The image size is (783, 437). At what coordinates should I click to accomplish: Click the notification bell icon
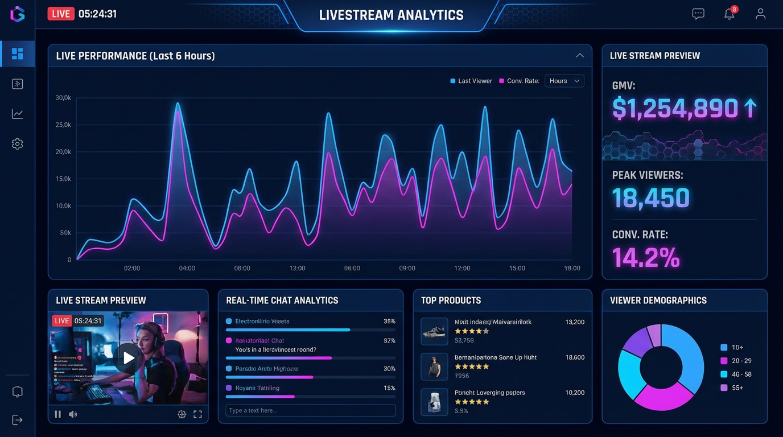730,14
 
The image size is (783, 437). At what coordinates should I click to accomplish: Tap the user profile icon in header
760,14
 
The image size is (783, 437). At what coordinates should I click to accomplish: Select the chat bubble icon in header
698,14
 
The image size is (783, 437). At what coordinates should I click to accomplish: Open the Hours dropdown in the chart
564,81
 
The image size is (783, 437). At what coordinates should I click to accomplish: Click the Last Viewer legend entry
471,81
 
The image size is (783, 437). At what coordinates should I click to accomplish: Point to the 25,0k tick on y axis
63,125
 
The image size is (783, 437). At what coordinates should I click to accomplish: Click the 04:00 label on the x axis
187,268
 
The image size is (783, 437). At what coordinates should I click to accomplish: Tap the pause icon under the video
57,414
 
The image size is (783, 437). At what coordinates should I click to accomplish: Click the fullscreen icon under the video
197,414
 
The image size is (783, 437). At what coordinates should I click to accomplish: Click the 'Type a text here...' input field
310,410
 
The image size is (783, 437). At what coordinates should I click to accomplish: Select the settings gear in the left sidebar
18,144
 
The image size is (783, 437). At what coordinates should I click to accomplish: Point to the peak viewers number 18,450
651,198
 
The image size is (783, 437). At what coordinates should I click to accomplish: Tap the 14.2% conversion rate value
646,257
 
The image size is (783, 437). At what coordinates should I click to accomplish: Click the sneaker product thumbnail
434,331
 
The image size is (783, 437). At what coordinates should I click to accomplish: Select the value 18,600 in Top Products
575,357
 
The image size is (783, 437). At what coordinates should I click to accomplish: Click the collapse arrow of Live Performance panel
579,56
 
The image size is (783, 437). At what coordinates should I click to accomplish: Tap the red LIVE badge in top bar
61,14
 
